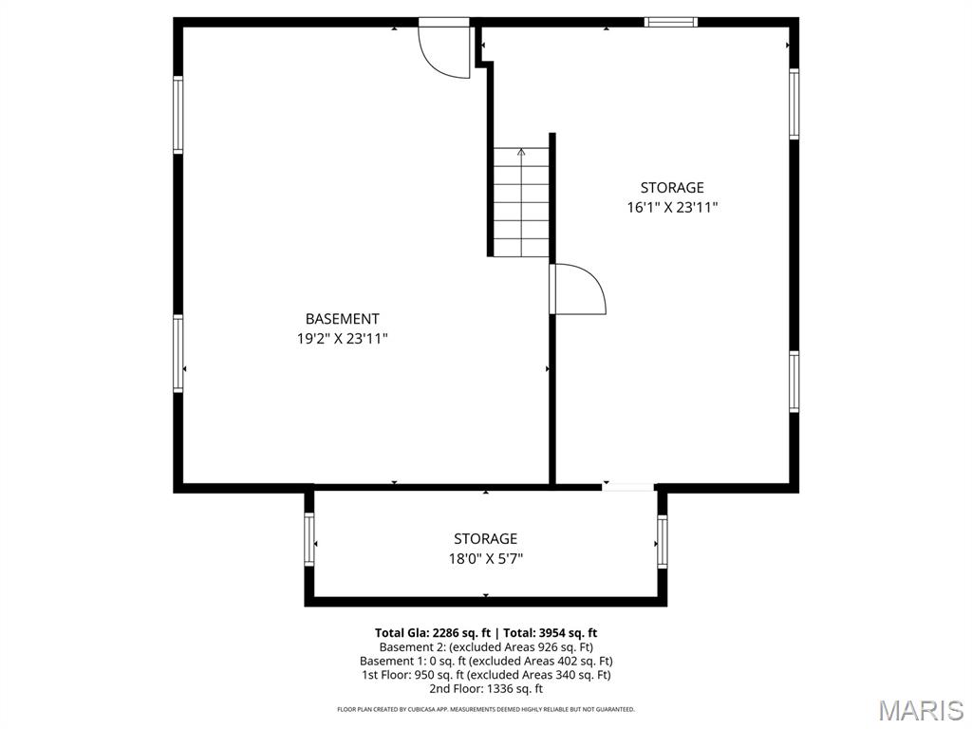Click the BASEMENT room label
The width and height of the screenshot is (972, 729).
(x=342, y=319)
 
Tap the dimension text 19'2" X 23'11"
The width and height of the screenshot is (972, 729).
(x=342, y=338)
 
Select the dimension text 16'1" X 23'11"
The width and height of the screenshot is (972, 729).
(x=672, y=207)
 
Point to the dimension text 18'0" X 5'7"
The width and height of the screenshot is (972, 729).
(x=485, y=559)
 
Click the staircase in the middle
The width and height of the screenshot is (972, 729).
(x=521, y=201)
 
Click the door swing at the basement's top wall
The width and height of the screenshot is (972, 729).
(x=446, y=50)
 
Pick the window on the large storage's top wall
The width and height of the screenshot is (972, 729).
(x=671, y=22)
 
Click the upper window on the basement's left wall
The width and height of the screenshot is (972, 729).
(x=178, y=115)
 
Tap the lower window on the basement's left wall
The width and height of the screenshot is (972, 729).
(x=178, y=354)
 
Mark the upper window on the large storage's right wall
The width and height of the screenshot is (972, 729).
(x=794, y=103)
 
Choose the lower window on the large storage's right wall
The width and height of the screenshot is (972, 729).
(x=794, y=382)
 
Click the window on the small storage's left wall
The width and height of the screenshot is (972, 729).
(x=308, y=539)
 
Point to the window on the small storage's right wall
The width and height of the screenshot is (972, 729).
(x=662, y=541)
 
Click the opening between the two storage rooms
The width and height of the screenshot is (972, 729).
(x=627, y=488)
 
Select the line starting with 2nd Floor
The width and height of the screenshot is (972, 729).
(x=485, y=689)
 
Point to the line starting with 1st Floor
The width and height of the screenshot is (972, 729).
(x=485, y=675)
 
